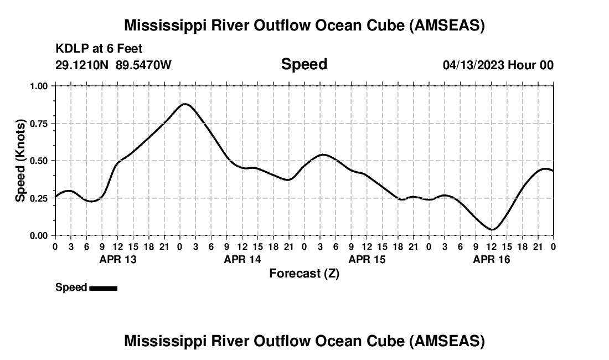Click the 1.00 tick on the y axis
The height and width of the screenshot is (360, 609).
[40, 86]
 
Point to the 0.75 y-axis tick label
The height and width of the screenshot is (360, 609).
[40, 124]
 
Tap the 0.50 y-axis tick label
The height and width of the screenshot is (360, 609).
[40, 161]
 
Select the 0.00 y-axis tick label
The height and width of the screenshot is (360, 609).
[40, 235]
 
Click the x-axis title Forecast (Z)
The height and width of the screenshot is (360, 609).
[304, 273]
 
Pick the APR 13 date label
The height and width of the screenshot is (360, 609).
[117, 259]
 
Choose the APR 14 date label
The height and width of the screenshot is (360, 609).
[242, 259]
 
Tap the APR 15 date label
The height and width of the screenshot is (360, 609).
[367, 259]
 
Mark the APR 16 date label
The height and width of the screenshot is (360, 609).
[491, 259]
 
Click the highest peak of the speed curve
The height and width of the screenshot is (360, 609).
[184, 104]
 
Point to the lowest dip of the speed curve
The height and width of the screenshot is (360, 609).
[492, 229]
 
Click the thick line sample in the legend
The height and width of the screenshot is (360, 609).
[103, 288]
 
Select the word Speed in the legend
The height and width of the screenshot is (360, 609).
[71, 287]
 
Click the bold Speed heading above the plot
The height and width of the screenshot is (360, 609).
[304, 64]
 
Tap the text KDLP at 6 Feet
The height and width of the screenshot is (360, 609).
[99, 49]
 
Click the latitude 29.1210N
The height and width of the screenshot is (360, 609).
[82, 65]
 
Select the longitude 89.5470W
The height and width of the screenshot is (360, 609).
[143, 65]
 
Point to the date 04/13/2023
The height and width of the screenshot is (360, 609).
[473, 65]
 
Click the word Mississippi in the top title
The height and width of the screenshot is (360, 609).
[164, 25]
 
